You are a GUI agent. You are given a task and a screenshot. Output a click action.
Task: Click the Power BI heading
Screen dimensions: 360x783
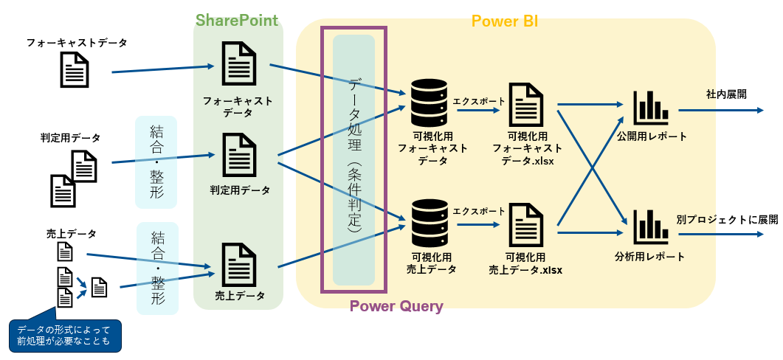504,21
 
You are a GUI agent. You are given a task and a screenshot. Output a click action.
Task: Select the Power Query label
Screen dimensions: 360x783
396,305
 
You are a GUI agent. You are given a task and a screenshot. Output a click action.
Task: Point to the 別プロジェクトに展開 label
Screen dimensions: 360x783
727,220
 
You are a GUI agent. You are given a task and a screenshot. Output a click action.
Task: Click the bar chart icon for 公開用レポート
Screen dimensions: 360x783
650,108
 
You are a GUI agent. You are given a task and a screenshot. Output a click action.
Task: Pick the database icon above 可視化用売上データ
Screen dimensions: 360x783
428,223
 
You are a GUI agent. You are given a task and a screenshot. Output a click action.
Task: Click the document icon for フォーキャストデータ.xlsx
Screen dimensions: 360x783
527,105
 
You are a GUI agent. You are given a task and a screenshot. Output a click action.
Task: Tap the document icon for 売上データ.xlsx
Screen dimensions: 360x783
527,226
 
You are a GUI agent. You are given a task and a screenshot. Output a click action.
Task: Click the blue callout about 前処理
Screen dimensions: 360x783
63,334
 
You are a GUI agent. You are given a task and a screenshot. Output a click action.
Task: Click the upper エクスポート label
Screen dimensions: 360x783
480,101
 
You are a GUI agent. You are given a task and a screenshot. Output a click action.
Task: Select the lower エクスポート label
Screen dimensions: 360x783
480,210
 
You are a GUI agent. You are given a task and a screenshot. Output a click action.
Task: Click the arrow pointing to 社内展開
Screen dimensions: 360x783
720,111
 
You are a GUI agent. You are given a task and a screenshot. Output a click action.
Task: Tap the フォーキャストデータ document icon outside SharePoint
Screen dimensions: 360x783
75,72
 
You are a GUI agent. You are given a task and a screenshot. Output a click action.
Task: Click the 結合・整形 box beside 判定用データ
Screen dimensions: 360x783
156,162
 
